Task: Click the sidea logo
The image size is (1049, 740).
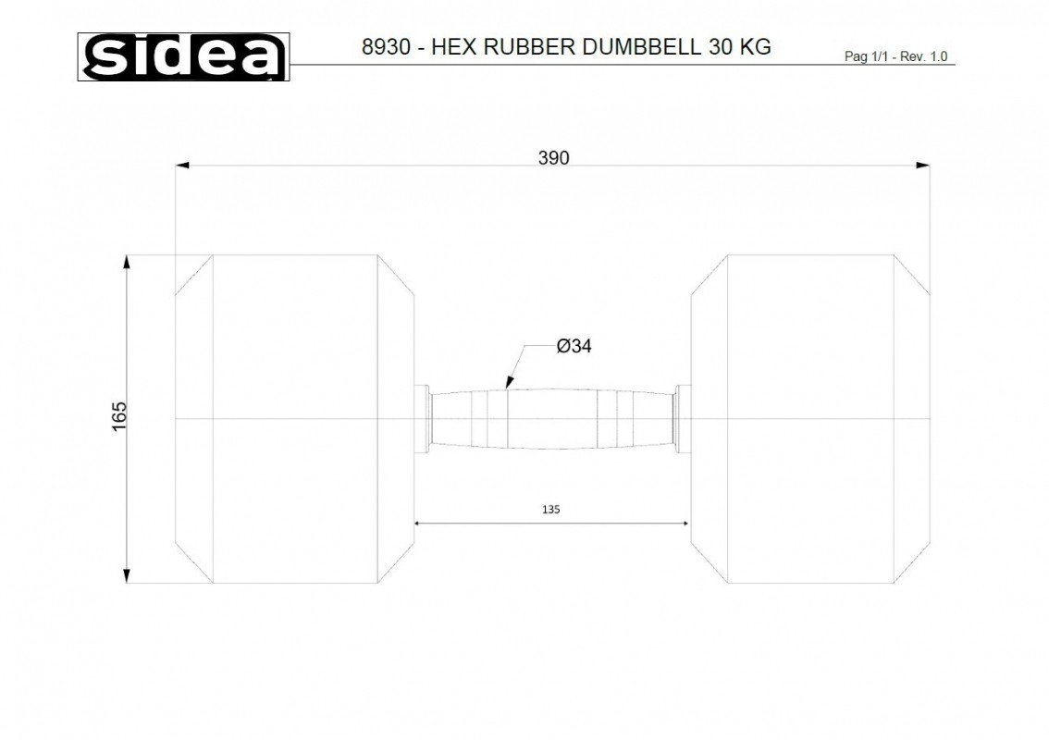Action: pos(183,56)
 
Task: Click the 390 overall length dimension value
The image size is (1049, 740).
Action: pos(554,158)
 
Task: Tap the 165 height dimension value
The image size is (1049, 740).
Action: pos(119,416)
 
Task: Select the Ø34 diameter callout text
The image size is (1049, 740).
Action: pos(574,346)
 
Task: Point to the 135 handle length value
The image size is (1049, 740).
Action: pos(550,509)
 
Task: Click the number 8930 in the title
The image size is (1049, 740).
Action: pos(386,47)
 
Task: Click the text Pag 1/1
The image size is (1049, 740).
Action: pos(866,56)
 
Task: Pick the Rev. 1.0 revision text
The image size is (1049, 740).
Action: pos(924,56)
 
